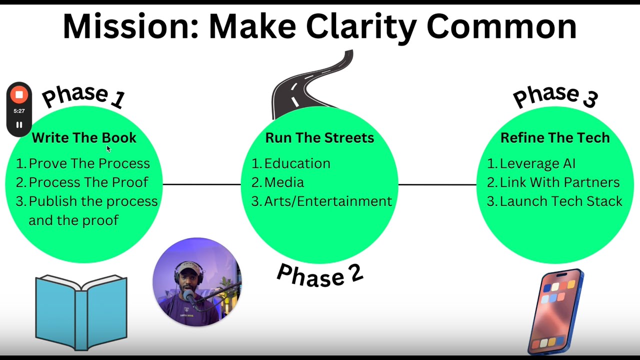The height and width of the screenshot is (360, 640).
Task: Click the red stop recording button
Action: pyautogui.click(x=19, y=94)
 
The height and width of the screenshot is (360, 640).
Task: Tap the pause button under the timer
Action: pyautogui.click(x=19, y=125)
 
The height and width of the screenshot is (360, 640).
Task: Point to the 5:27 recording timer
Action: pyautogui.click(x=19, y=111)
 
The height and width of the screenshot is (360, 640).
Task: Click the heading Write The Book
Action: pyautogui.click(x=84, y=138)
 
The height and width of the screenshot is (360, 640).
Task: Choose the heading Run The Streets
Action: pyautogui.click(x=319, y=138)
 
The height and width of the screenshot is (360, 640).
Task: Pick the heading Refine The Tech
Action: pyautogui.click(x=555, y=138)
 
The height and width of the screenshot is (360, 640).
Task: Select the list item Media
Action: pyautogui.click(x=284, y=182)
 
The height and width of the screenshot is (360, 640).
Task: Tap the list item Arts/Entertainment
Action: pyautogui.click(x=328, y=201)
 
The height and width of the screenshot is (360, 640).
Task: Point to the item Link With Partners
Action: pyautogui.click(x=559, y=182)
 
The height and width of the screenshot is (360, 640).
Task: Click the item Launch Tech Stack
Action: pyautogui.click(x=561, y=201)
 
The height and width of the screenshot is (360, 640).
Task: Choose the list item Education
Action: pyautogui.click(x=297, y=163)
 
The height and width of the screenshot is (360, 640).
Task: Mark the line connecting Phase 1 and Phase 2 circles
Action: pyautogui.click(x=201, y=184)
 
